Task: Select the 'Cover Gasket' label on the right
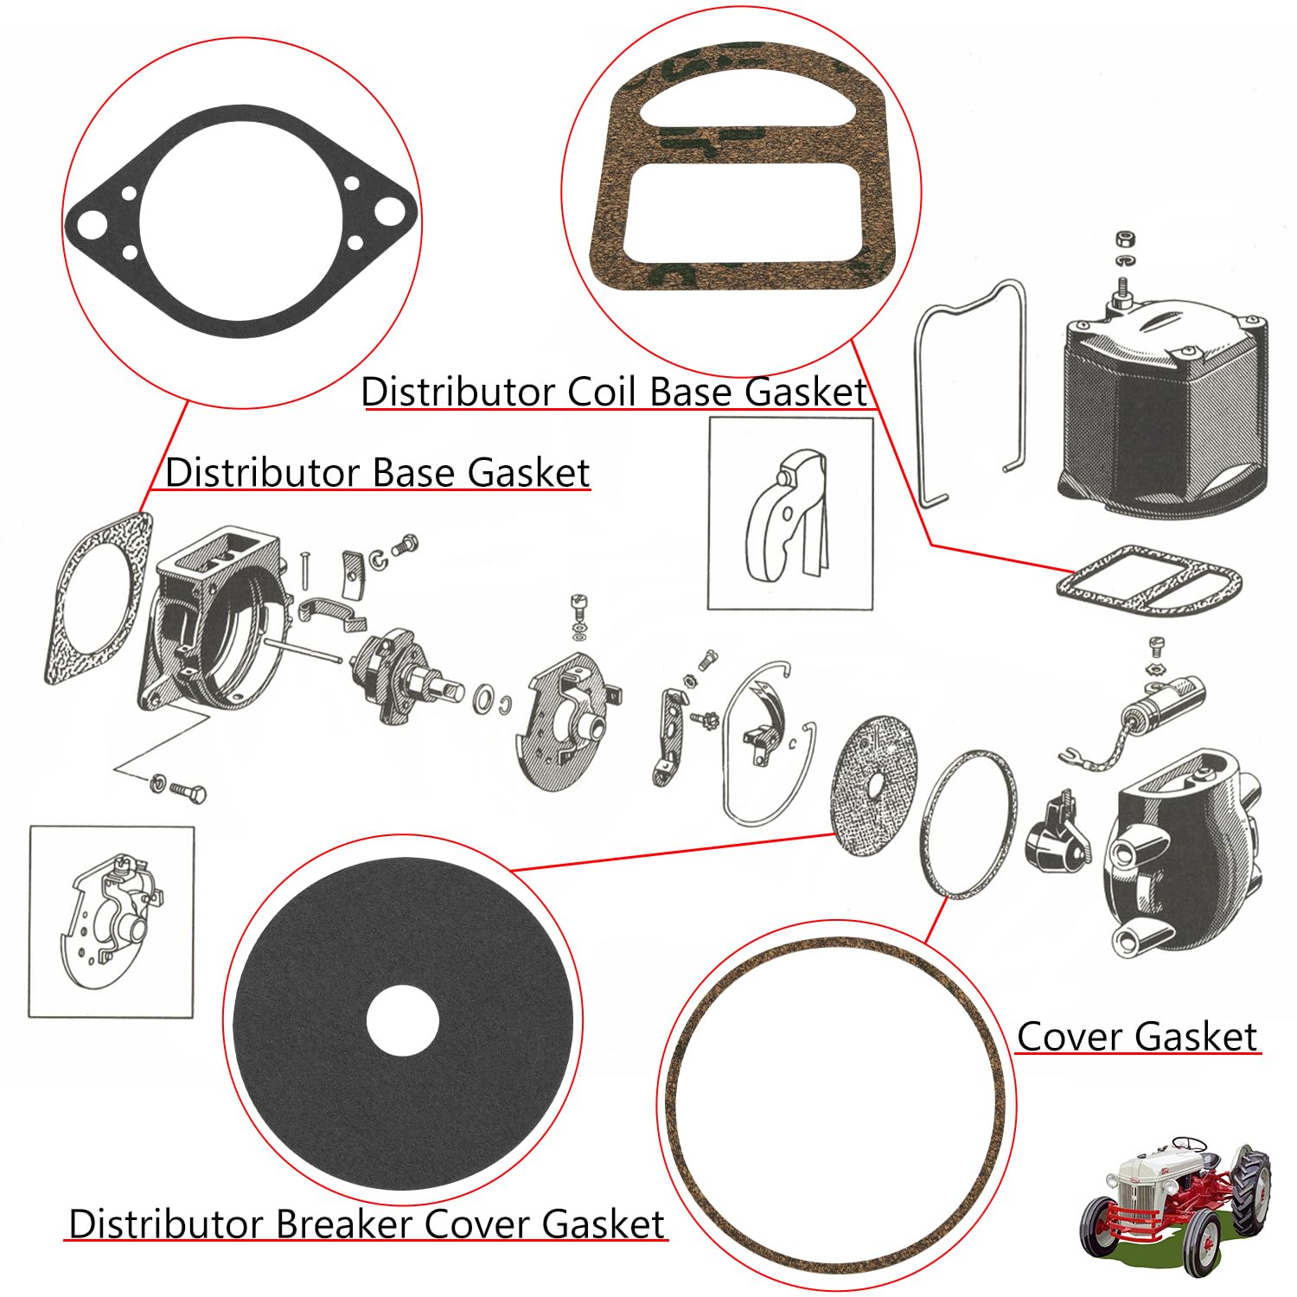click(1136, 1037)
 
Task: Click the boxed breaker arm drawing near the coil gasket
click(789, 514)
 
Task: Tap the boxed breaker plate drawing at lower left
click(112, 922)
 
